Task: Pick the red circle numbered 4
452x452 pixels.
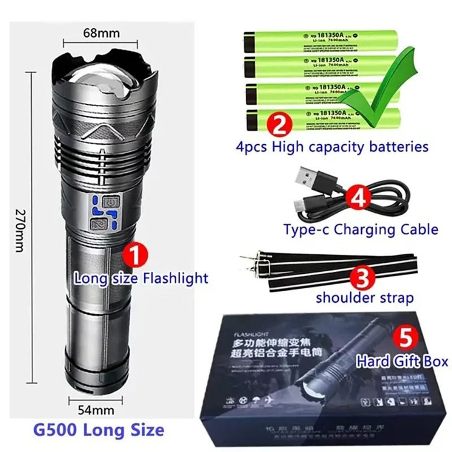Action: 358,198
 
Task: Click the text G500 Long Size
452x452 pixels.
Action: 99,428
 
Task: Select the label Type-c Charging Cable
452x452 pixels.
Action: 361,229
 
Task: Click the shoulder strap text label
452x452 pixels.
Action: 364,298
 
